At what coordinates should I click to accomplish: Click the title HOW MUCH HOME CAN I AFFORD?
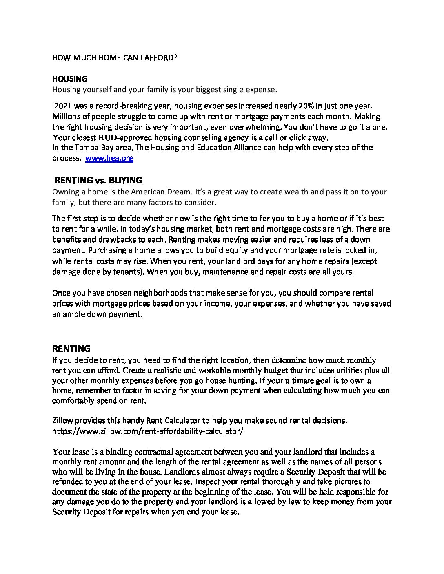pyautogui.click(x=115, y=57)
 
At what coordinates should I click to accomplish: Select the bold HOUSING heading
pyautogui.click(x=70, y=78)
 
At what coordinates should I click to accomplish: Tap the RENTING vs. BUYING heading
pyautogui.click(x=98, y=180)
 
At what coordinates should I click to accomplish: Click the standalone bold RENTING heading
pyautogui.click(x=71, y=349)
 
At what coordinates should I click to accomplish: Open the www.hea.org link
pyautogui.click(x=109, y=158)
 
